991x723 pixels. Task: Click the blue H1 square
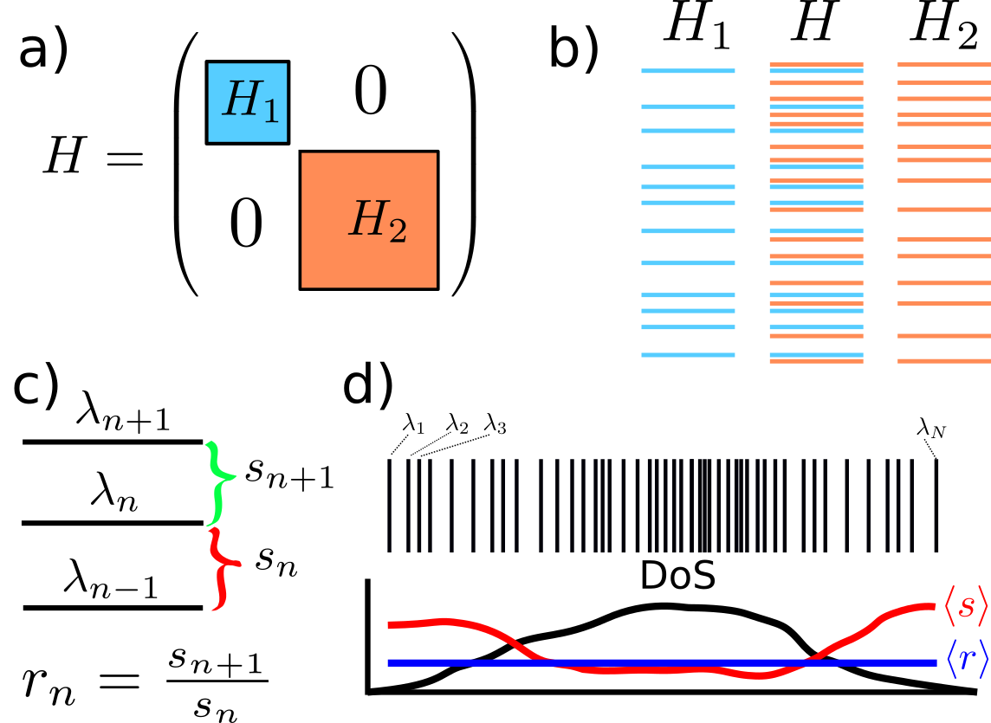[x=247, y=102]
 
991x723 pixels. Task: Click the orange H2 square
[x=368, y=220]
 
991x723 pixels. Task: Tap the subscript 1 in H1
[x=270, y=110]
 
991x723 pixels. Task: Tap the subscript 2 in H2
[x=397, y=230]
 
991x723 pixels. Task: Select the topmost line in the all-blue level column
[x=688, y=71]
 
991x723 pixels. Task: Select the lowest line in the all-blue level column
[x=688, y=355]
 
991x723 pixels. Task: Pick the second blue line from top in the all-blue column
[x=688, y=107]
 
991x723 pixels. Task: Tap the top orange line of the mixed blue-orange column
[x=816, y=65]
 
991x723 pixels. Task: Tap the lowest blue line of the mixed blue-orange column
[x=816, y=355]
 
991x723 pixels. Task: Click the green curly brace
[x=219, y=482]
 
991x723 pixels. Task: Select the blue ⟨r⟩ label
[x=964, y=661]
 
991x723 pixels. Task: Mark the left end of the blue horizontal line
[x=390, y=662]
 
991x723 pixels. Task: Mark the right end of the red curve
[x=934, y=606]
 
